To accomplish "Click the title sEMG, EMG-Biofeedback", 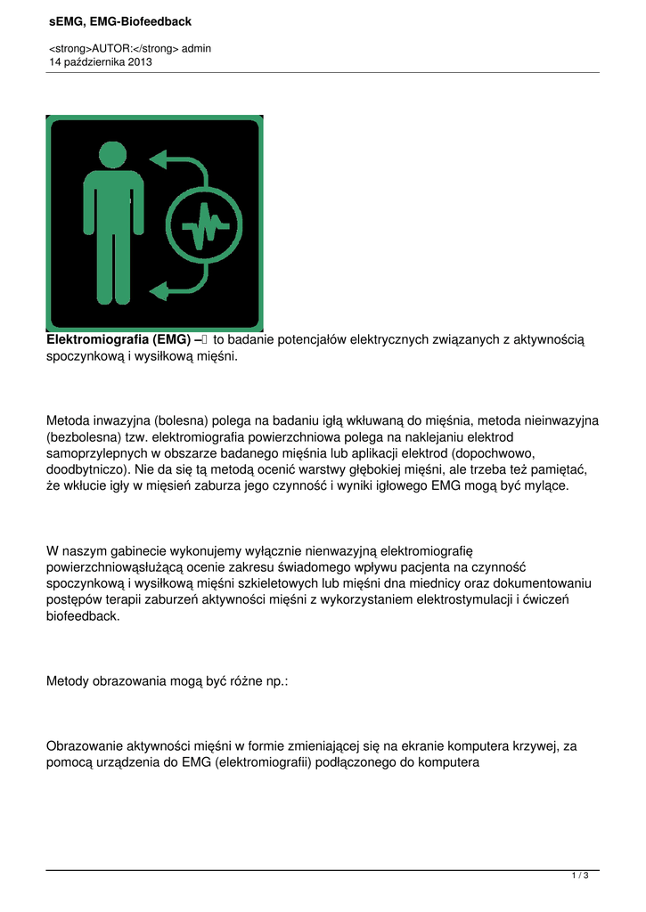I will pyautogui.click(x=119, y=21).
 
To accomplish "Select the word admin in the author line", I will pyautogui.click(x=196, y=49).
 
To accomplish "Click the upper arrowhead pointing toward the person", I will pyautogui.click(x=158, y=159).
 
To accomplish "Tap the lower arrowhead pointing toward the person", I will pyautogui.click(x=158, y=289).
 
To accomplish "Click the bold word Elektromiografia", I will pyautogui.click(x=97, y=340).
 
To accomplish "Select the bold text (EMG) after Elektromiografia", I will pyautogui.click(x=171, y=340).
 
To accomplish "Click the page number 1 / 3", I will pyautogui.click(x=580, y=876).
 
